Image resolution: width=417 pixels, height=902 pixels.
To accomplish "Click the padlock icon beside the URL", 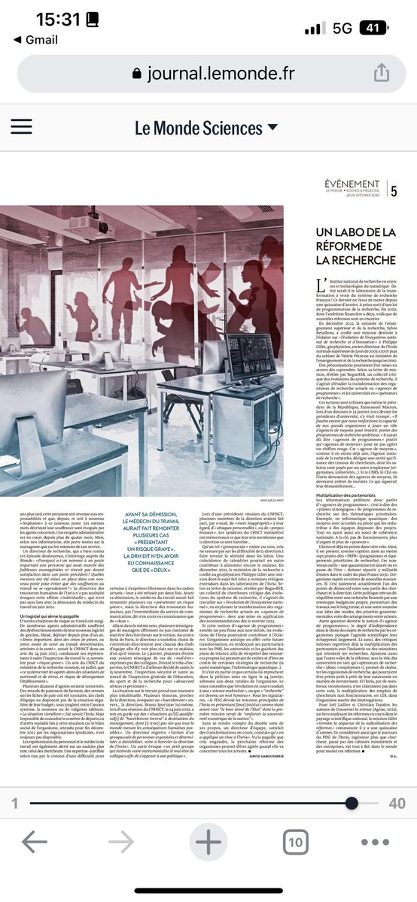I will (136, 72).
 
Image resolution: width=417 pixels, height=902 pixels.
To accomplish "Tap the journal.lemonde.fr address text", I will (222, 72).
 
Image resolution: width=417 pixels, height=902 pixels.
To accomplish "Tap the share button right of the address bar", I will (381, 71).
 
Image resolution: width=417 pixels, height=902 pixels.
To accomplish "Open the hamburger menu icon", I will (26, 127).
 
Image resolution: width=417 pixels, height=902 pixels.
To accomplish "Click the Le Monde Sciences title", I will (187, 128).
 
